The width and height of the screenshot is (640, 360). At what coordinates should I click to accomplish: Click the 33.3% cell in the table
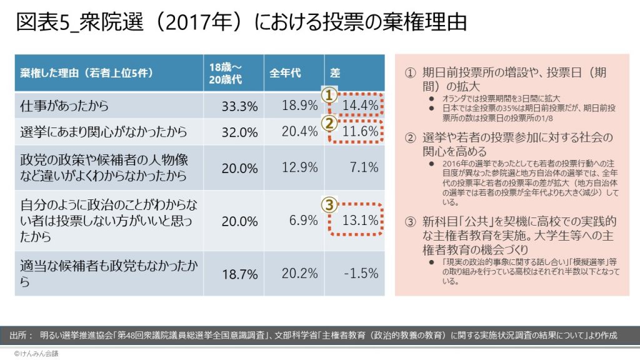pos(239,106)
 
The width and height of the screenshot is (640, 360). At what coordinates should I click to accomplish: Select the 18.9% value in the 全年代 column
pos(299,106)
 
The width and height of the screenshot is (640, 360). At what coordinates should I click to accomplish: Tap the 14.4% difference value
pos(361,106)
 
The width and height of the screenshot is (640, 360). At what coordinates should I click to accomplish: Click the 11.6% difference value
pos(361,132)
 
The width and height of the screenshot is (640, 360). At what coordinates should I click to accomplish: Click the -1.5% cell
pos(361,273)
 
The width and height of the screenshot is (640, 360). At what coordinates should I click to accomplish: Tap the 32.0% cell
pos(239,132)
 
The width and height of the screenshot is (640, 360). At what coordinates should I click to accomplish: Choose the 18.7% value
pos(239,273)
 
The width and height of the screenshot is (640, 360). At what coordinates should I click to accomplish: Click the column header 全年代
pos(285,73)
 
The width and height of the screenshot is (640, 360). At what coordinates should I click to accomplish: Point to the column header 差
pos(334,73)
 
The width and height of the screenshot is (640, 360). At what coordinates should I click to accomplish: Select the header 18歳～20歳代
pos(226,73)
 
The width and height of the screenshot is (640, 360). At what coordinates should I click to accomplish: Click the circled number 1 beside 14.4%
pos(330,94)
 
